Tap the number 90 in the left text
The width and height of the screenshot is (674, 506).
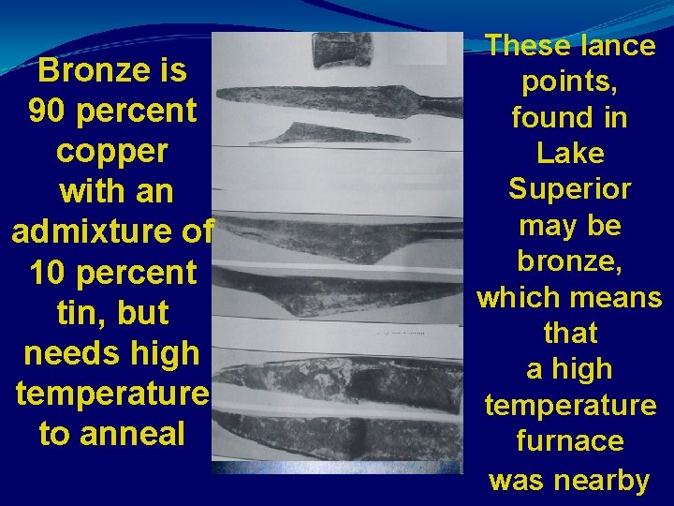[48, 112]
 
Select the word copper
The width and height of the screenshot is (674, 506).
[112, 152]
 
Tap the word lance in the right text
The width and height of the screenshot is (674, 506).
[614, 45]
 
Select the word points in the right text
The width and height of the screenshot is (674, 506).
[569, 82]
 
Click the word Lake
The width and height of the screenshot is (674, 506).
[569, 153]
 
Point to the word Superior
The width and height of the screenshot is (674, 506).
[569, 188]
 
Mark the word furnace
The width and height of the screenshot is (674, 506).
[569, 440]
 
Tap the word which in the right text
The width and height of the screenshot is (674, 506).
[519, 297]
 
